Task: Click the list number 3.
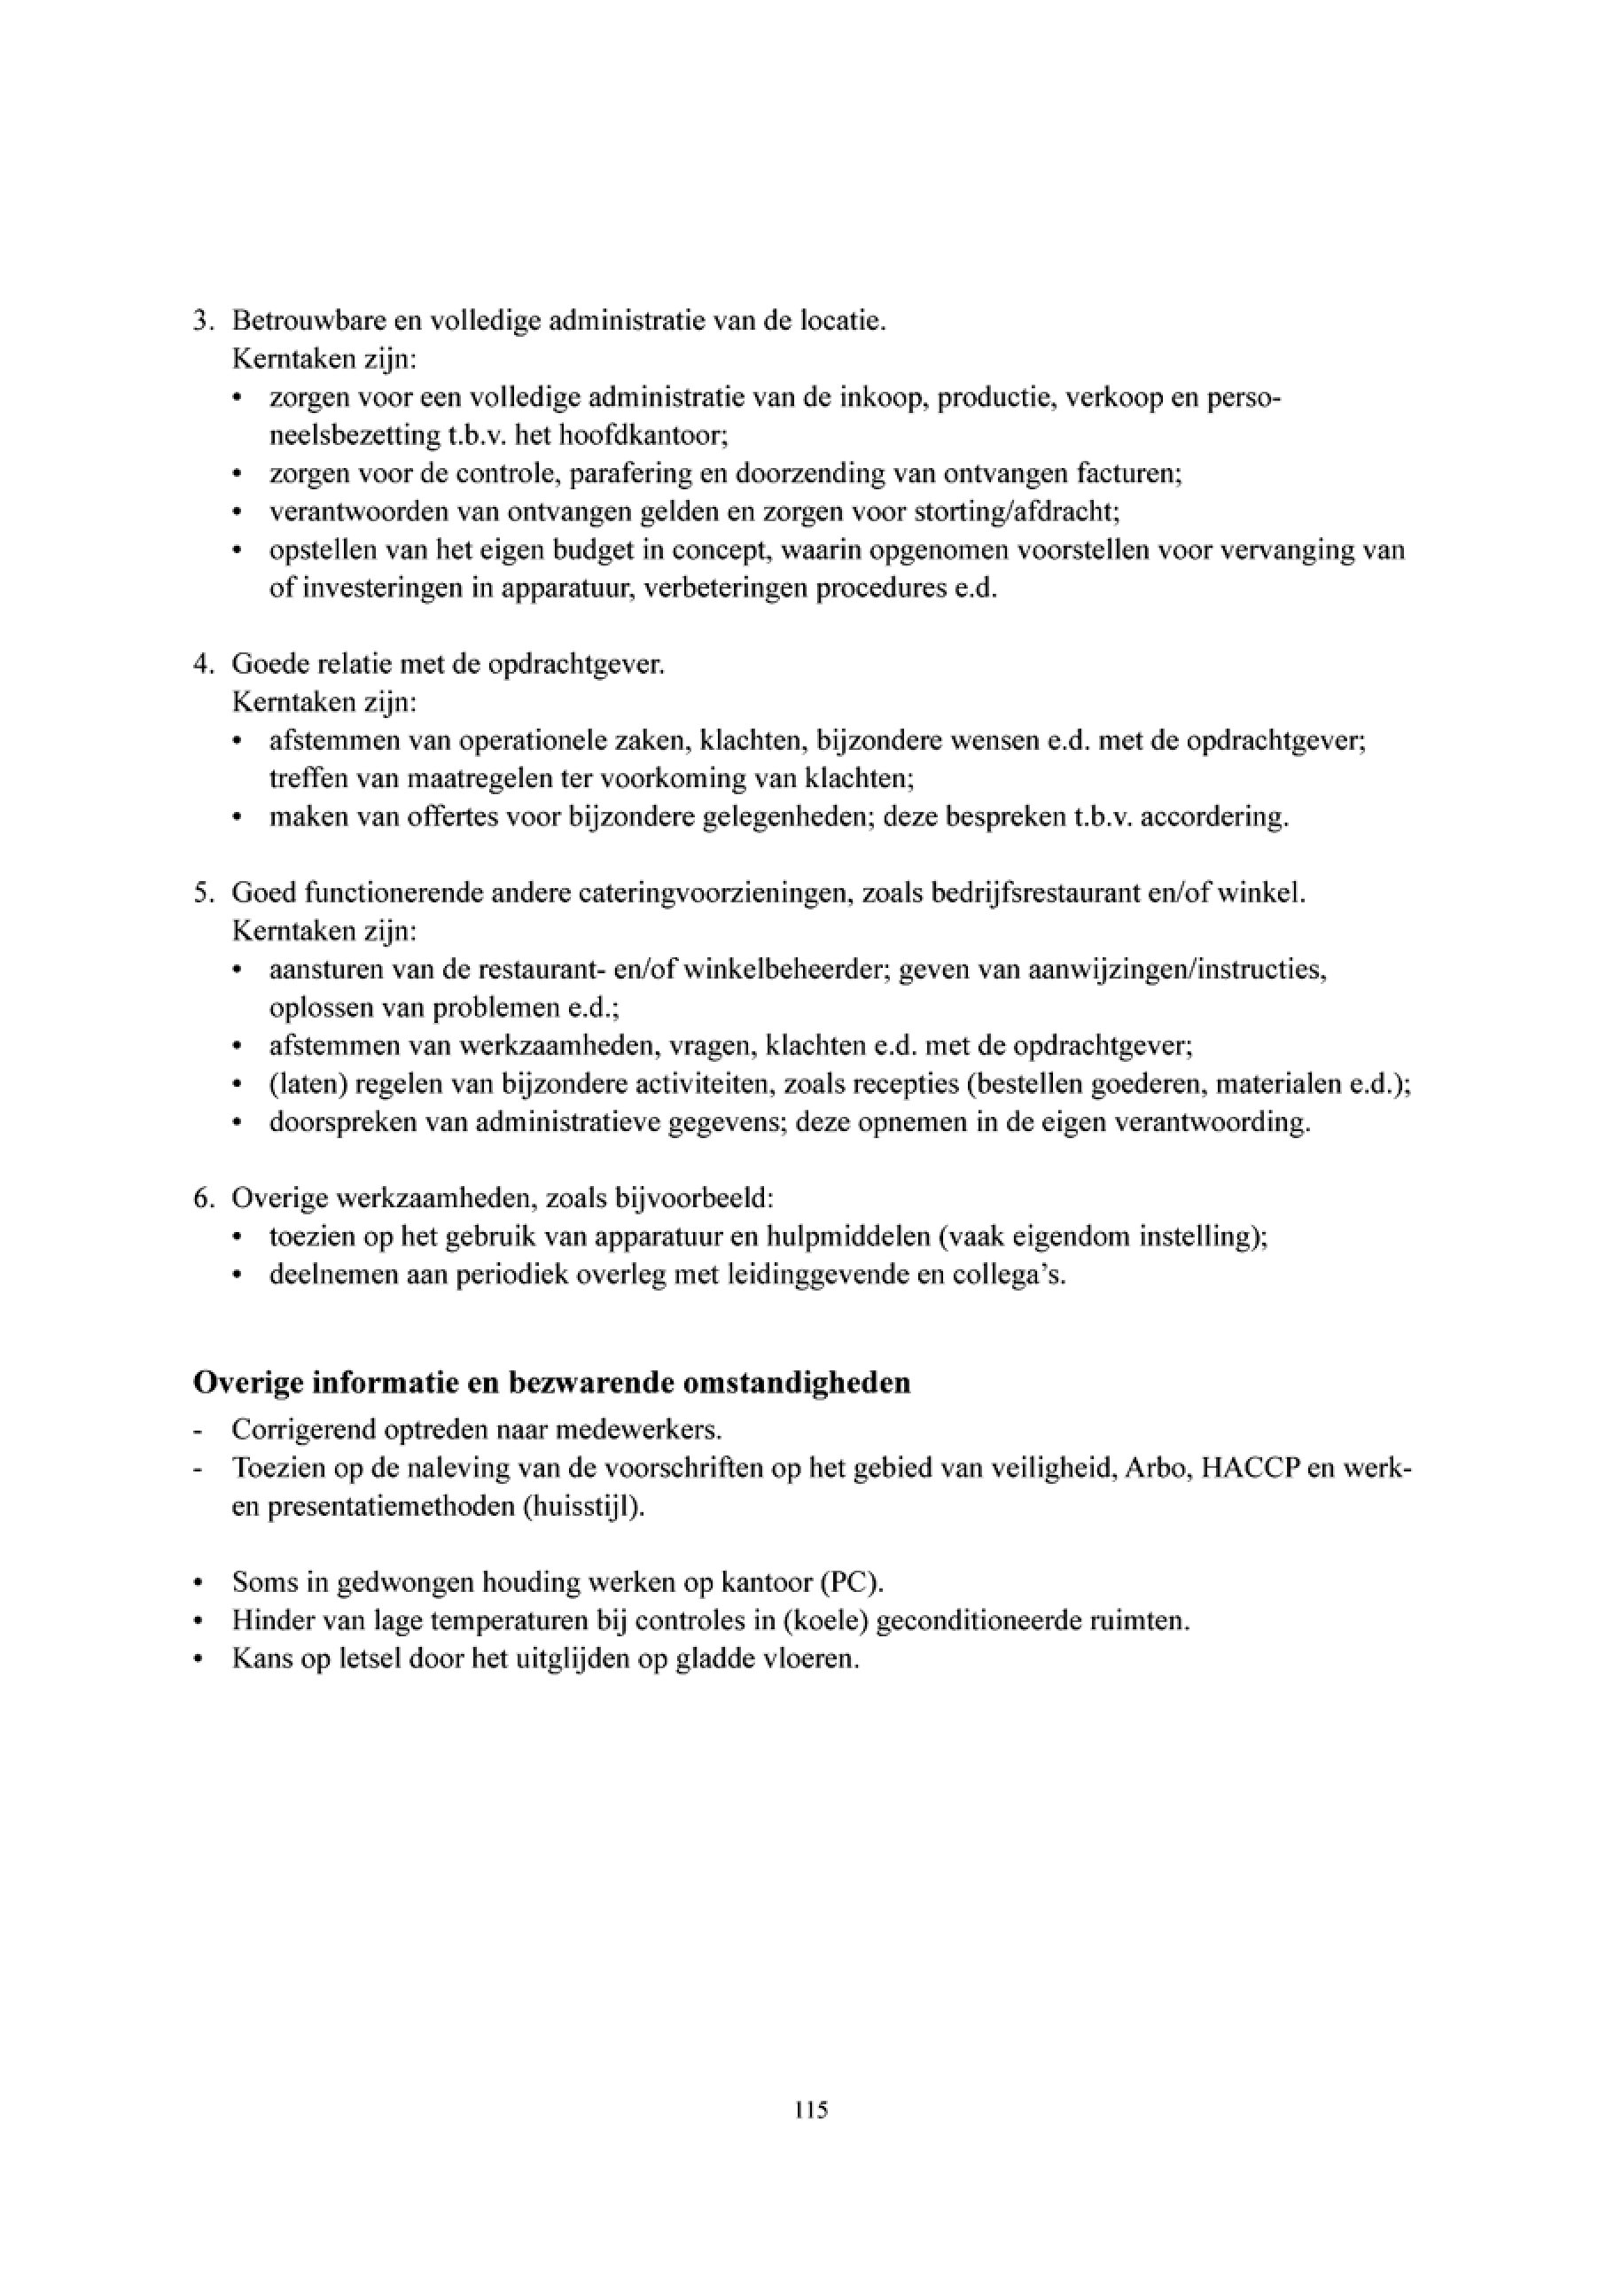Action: [200, 322]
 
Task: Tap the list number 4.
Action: [200, 665]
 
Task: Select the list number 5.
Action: [200, 893]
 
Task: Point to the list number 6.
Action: [200, 1198]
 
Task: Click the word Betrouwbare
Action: [296, 322]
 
